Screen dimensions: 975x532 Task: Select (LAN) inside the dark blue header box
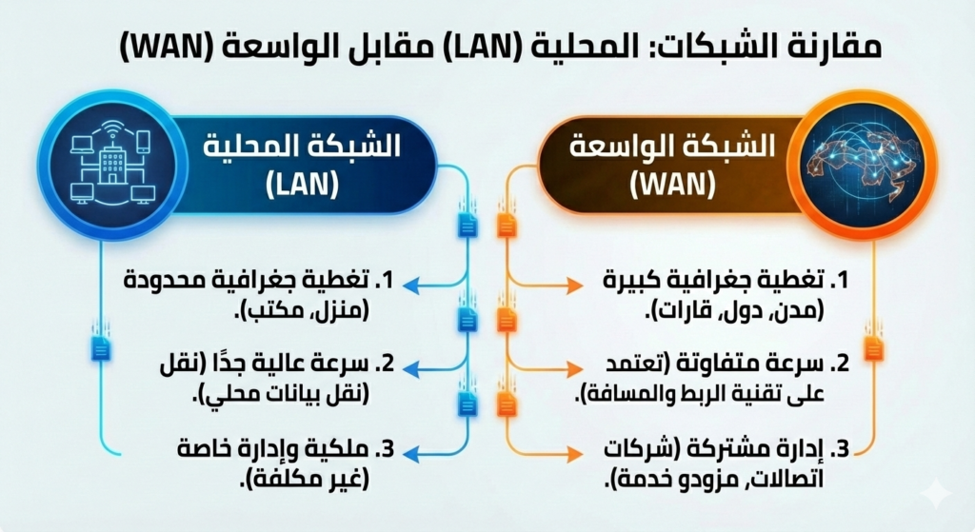(x=302, y=185)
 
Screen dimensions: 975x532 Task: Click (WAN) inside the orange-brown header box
(x=673, y=184)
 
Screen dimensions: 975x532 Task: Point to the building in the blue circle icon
(x=112, y=159)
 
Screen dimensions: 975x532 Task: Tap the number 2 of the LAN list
(x=388, y=365)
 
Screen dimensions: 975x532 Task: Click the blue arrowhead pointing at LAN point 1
(x=412, y=284)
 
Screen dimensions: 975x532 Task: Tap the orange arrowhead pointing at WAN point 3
(x=575, y=454)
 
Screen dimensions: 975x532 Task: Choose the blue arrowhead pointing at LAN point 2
(x=411, y=369)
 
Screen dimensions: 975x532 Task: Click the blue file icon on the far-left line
(x=101, y=347)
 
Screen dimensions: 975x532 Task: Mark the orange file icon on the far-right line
(x=874, y=347)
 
